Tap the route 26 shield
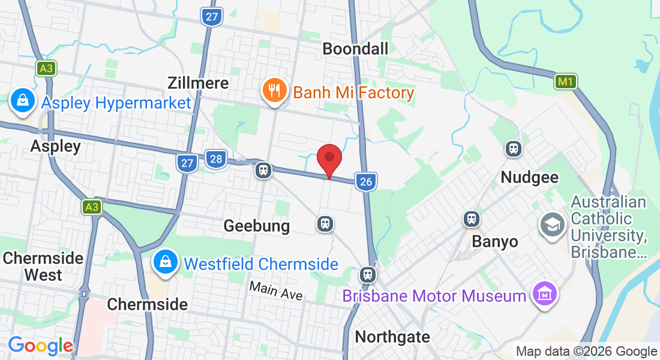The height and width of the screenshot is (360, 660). pos(365,181)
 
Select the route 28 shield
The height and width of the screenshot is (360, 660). pos(216,159)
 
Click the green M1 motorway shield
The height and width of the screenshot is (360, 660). pos(565,81)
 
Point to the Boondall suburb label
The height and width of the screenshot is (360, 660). pos(355,49)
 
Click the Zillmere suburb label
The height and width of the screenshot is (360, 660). pos(198,83)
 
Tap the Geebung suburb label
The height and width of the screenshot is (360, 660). pos(256,226)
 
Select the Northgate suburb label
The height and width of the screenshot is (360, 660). pos(392,337)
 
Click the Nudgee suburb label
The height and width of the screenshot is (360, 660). pos(530,177)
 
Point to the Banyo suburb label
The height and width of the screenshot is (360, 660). pos(494,241)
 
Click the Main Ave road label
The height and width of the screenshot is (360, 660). pos(277,292)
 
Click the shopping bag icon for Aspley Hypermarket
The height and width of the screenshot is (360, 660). pos(22,101)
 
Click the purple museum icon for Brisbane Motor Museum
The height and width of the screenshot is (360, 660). pos(545,293)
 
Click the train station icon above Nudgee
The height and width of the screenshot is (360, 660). pos(513,148)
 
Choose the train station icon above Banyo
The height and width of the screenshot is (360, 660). pos(472,219)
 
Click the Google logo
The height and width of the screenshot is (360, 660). pos(40,346)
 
